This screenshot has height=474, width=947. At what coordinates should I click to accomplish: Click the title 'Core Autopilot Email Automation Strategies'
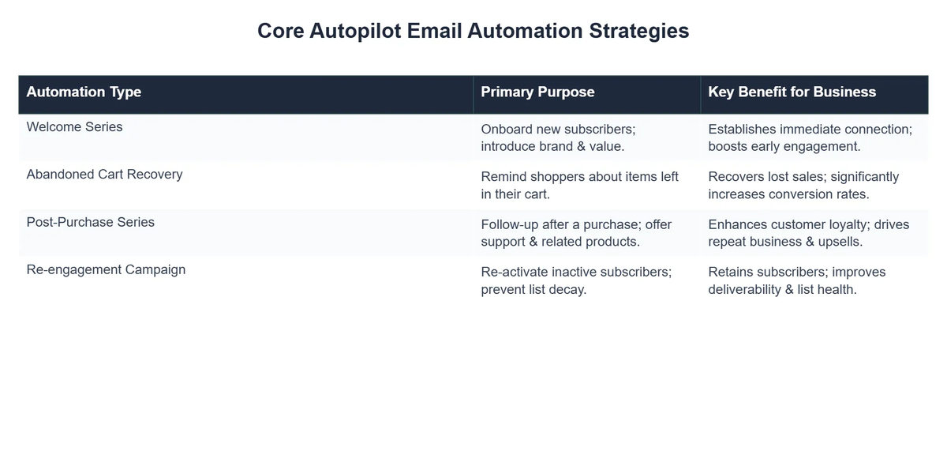pos(473,31)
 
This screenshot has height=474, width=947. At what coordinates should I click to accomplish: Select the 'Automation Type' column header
pos(84,92)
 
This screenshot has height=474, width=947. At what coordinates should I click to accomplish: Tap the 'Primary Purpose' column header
pos(537,92)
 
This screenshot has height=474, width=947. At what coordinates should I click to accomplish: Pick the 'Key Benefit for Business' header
pos(792,92)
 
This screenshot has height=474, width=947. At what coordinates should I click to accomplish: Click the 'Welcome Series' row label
pos(74,127)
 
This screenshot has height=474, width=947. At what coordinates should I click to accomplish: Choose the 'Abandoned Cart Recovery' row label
pos(104,175)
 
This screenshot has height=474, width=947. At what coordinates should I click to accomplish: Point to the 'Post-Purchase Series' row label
pos(90,222)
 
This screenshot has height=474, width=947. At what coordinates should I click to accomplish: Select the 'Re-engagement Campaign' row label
pos(106,269)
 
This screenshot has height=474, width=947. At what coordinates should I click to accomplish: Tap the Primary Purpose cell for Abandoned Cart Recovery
pos(579,185)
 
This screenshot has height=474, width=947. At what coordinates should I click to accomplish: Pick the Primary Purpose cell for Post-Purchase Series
pos(576,232)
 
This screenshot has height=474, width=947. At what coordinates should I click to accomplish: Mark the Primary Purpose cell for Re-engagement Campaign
pos(576,280)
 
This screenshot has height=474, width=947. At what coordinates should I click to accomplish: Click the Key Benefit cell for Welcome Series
pos(810,137)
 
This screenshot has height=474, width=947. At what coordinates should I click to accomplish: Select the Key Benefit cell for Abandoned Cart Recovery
pos(803,185)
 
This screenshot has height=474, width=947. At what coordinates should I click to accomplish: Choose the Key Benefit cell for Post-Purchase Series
pos(808,232)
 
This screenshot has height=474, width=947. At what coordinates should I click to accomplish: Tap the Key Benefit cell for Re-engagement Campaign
pos(796,280)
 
